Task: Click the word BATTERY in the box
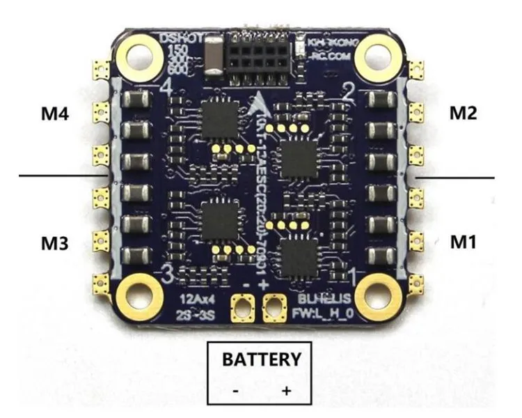[x=261, y=360]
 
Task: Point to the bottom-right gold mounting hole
[x=376, y=293]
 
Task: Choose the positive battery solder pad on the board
[x=276, y=307]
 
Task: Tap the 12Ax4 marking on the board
[x=192, y=299]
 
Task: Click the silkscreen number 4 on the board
[x=166, y=86]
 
